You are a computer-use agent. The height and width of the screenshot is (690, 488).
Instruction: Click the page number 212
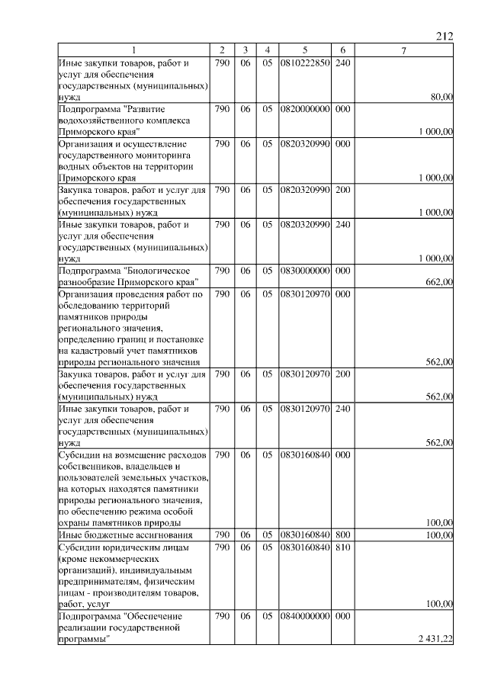click(445, 36)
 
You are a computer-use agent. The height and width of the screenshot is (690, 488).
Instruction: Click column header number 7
click(403, 50)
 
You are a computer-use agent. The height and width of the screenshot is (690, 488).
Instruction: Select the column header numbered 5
click(304, 50)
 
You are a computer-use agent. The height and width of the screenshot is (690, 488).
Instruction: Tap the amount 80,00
click(441, 97)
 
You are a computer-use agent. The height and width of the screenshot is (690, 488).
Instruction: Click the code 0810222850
click(304, 62)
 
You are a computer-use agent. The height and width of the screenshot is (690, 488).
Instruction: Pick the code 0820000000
click(304, 109)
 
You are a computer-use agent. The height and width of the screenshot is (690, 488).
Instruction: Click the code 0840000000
click(304, 615)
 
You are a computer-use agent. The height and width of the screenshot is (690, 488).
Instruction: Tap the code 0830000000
click(304, 271)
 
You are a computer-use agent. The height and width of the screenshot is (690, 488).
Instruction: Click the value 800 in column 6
click(342, 534)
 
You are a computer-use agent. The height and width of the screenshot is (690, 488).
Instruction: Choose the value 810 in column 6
click(342, 547)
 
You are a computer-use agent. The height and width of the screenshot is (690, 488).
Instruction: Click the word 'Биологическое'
click(159, 271)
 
